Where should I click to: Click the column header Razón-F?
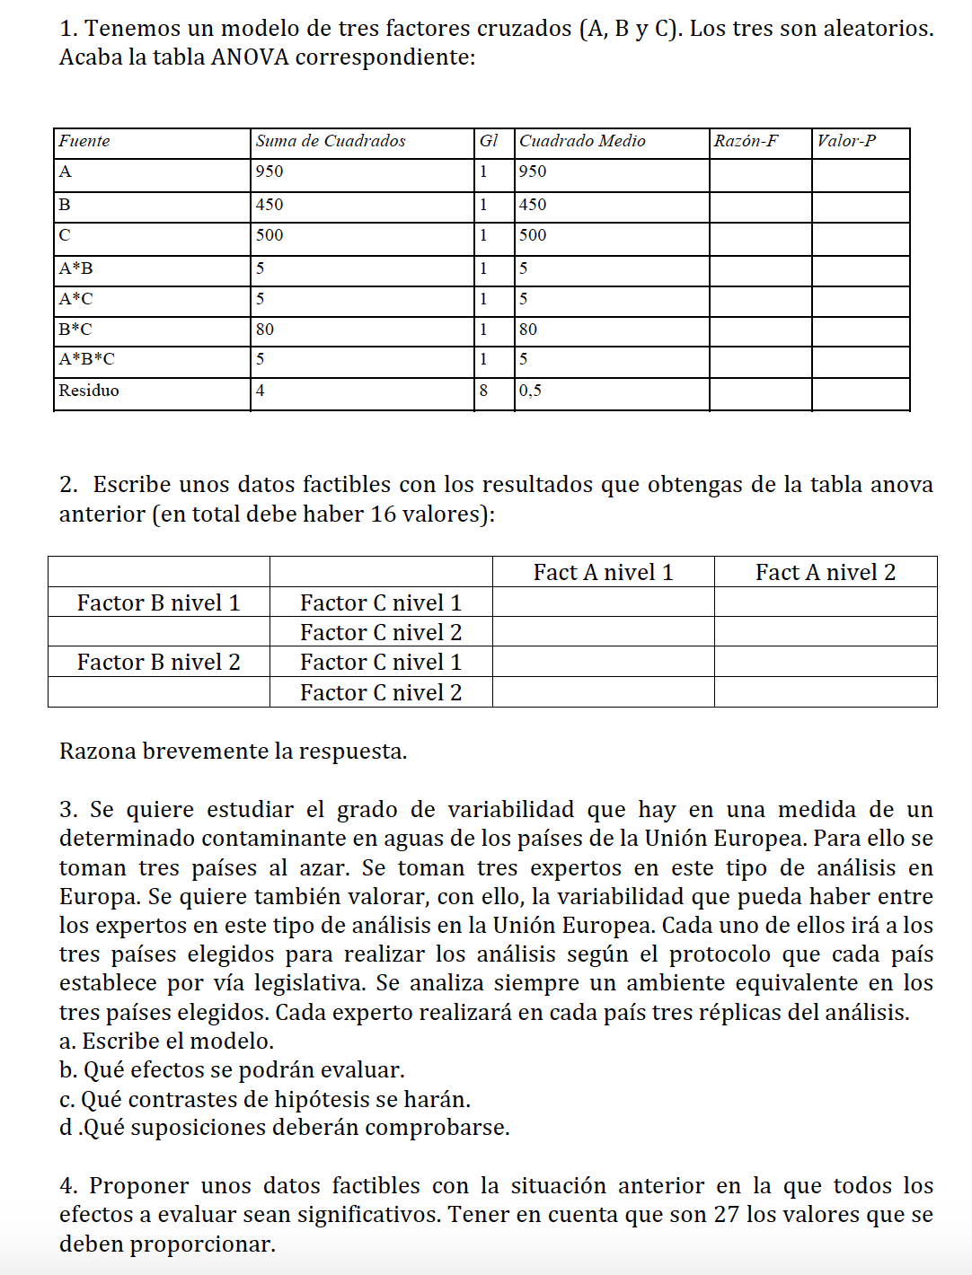pyautogui.click(x=746, y=141)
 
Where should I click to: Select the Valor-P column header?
pyautogui.click(x=846, y=141)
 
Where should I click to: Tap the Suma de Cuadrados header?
pyautogui.click(x=331, y=141)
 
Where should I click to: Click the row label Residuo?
pyautogui.click(x=89, y=391)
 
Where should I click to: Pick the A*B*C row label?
pyautogui.click(x=87, y=359)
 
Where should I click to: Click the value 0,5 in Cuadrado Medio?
pyautogui.click(x=530, y=391)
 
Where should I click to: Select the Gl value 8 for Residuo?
pyautogui.click(x=483, y=391)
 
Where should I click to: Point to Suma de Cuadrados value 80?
pyautogui.click(x=265, y=330)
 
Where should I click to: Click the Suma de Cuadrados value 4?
pyautogui.click(x=260, y=391)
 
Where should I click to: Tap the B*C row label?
pyautogui.click(x=75, y=330)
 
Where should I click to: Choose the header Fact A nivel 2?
pyautogui.click(x=826, y=573)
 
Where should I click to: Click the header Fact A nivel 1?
pyautogui.click(x=603, y=573)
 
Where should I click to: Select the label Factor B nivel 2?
pyautogui.click(x=159, y=663)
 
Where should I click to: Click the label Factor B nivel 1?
pyautogui.click(x=159, y=602)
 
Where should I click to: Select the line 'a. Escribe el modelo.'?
pyautogui.click(x=167, y=1042)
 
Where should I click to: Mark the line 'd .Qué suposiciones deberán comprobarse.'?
pyautogui.click(x=285, y=1128)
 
